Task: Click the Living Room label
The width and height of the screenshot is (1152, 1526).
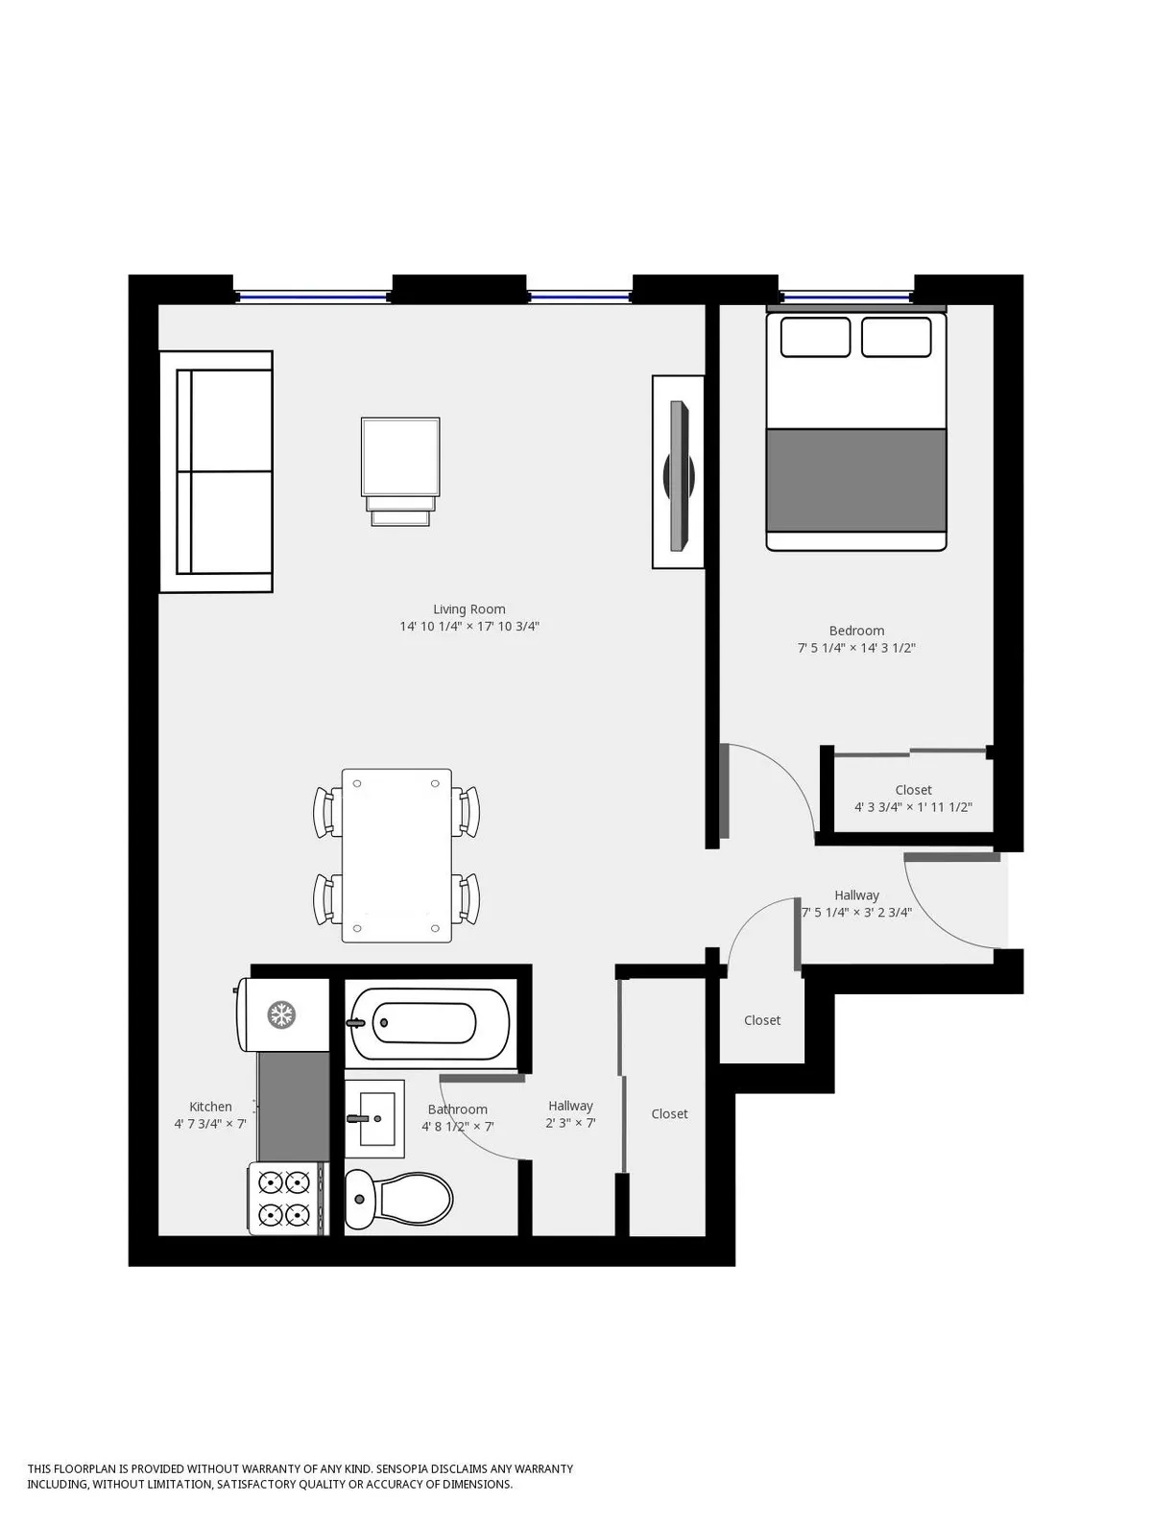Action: pyautogui.click(x=468, y=609)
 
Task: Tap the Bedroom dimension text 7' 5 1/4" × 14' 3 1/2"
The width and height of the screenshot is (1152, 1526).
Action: pyautogui.click(x=856, y=648)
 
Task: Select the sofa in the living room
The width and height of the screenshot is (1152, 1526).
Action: pyautogui.click(x=217, y=471)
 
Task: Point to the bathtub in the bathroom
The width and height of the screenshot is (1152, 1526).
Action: pyautogui.click(x=428, y=1023)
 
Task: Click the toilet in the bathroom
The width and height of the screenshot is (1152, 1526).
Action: pyautogui.click(x=400, y=1199)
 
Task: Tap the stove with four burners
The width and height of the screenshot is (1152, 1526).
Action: pyautogui.click(x=286, y=1198)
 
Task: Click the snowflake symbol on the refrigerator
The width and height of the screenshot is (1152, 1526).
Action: pyautogui.click(x=281, y=1014)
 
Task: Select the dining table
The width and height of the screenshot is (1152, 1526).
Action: pyautogui.click(x=396, y=855)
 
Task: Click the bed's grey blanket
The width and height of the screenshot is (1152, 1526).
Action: pyautogui.click(x=856, y=480)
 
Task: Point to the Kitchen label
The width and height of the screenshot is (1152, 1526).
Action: pyautogui.click(x=210, y=1107)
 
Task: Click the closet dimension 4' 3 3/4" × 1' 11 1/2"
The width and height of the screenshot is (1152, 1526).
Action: pyautogui.click(x=913, y=807)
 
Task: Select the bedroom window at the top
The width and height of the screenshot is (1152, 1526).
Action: pyautogui.click(x=845, y=297)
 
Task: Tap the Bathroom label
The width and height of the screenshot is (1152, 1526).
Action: pyautogui.click(x=458, y=1109)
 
